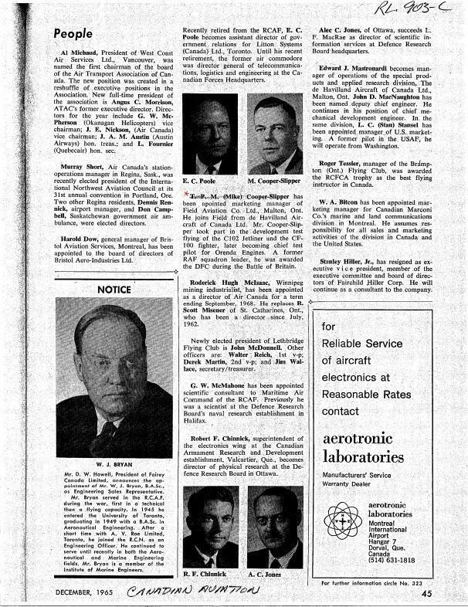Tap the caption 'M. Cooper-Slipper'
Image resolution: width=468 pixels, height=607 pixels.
pyautogui.click(x=274, y=181)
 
